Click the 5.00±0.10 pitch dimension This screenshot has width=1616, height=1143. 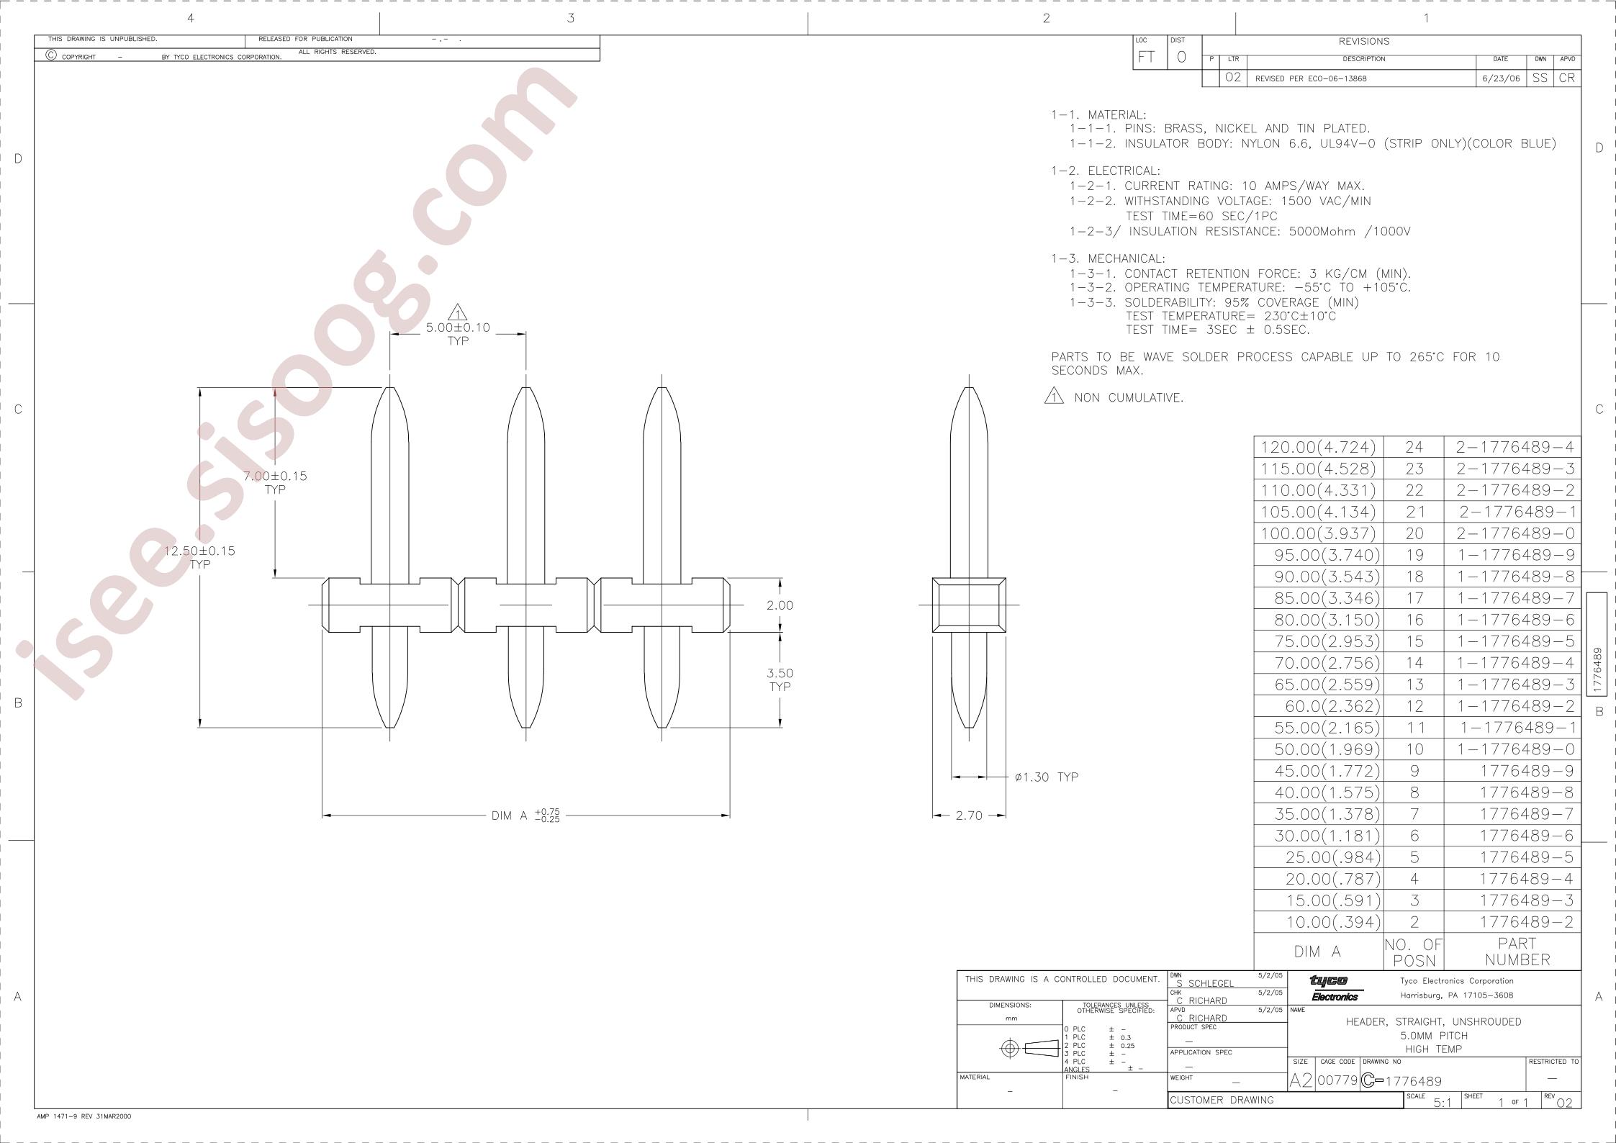click(458, 327)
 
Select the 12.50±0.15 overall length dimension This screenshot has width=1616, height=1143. click(200, 551)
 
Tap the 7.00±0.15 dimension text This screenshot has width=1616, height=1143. click(275, 476)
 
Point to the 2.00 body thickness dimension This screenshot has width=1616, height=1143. click(780, 605)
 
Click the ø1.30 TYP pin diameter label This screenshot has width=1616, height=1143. click(1047, 777)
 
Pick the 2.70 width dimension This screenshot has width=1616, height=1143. click(969, 816)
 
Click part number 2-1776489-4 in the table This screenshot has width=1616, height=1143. click(1515, 447)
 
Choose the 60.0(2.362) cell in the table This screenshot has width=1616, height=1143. click(1333, 706)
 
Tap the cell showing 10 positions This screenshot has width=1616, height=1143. click(1414, 749)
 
